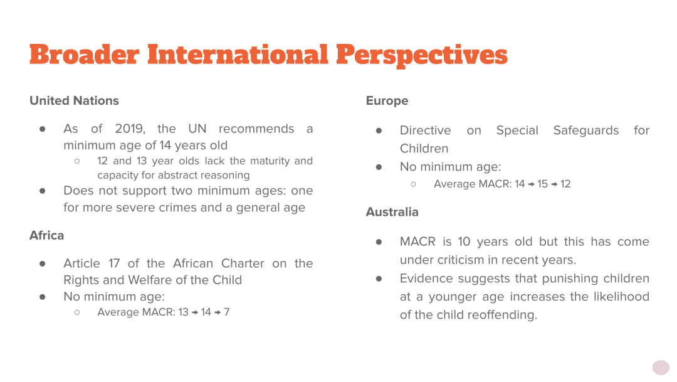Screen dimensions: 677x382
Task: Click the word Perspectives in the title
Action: tap(422, 56)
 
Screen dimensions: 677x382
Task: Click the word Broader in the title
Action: tap(84, 55)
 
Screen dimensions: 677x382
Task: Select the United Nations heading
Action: tap(74, 101)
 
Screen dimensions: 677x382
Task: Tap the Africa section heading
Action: tap(46, 235)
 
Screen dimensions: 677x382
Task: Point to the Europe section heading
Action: tap(387, 101)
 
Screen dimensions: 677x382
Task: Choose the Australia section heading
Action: tap(392, 212)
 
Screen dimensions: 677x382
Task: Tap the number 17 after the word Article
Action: tap(114, 263)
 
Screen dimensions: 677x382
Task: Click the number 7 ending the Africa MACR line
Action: tap(227, 312)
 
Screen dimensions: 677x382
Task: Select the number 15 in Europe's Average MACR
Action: tap(542, 184)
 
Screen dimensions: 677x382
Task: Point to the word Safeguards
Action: tap(586, 130)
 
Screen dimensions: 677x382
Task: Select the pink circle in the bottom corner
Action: tap(661, 368)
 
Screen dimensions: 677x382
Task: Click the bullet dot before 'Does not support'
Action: tap(43, 191)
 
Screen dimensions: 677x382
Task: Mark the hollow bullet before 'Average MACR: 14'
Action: tap(413, 184)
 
